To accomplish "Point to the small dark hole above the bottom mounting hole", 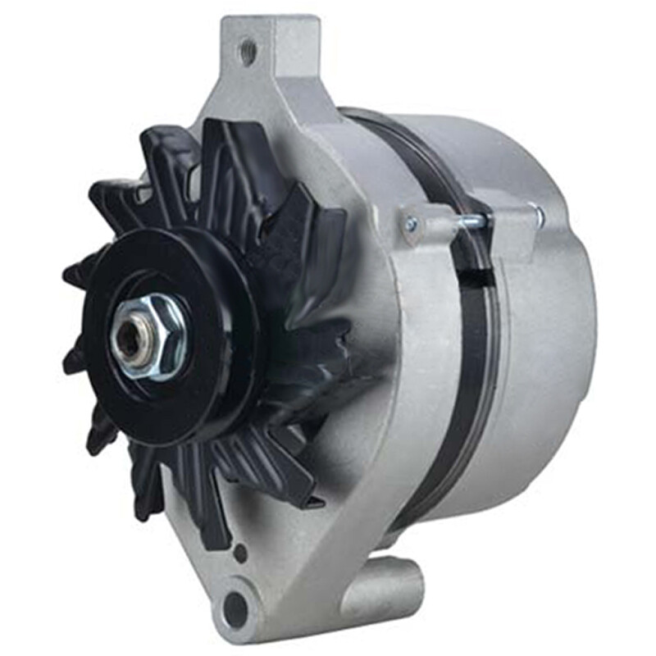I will [239, 552].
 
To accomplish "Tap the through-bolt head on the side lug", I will [410, 221].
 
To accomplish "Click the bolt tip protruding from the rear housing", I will [538, 215].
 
